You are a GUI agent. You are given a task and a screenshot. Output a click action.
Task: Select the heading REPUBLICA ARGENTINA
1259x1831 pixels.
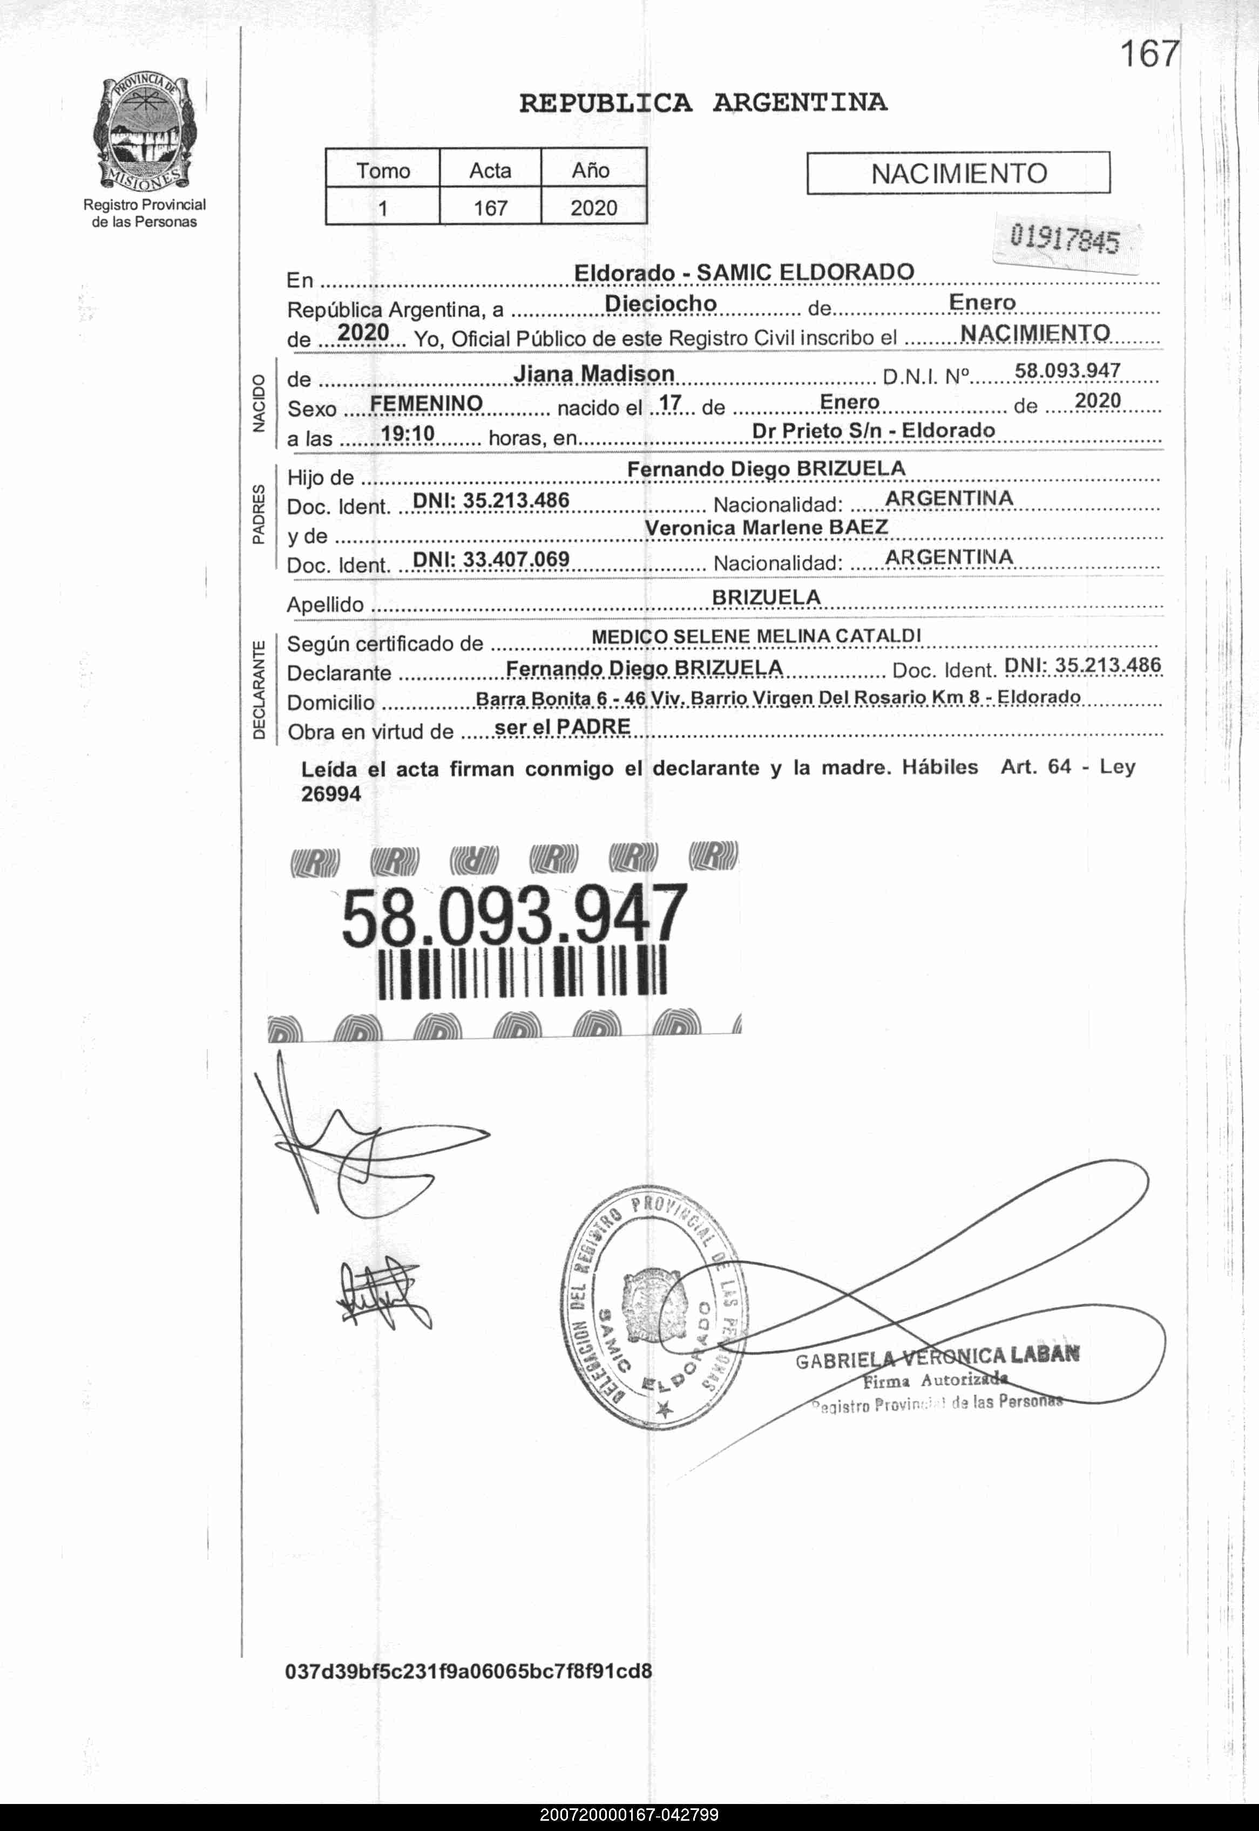[703, 103]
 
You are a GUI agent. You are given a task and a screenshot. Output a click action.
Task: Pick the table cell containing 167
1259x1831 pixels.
[490, 208]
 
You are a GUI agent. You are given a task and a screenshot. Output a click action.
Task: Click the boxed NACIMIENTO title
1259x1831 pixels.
[958, 173]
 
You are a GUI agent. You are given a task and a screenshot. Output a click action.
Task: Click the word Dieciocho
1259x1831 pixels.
[660, 304]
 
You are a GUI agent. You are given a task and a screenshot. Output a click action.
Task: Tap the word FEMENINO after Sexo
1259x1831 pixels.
[426, 404]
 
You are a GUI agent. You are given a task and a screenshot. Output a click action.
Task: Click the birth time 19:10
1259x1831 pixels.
[408, 434]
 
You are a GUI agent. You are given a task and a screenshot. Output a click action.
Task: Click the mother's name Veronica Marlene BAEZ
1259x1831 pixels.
[766, 528]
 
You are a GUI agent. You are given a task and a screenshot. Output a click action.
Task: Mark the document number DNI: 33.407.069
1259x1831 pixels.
[491, 559]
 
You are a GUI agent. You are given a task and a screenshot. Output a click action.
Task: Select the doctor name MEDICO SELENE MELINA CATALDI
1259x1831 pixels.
[756, 636]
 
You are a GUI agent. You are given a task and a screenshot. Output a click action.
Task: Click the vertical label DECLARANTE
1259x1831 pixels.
[259, 690]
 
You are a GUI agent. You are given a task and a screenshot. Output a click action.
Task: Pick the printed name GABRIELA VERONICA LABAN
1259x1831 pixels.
[937, 1358]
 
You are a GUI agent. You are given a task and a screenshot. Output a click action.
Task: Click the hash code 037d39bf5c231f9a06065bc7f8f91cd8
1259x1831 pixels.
[469, 1671]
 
